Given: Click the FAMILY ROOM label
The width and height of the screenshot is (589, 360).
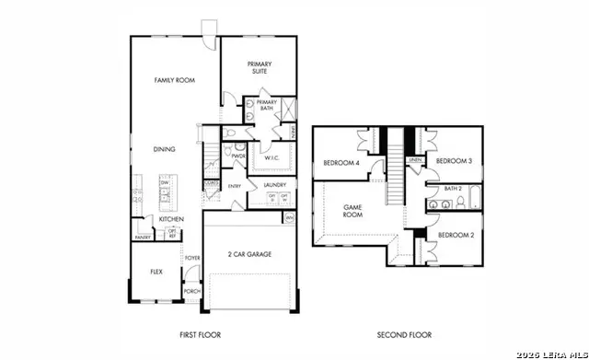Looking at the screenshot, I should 173,81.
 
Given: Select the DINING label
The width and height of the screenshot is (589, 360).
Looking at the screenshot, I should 165,148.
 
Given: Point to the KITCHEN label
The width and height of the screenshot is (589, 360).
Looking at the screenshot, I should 171,219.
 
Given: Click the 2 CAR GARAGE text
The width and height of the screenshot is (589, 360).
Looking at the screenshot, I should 250,254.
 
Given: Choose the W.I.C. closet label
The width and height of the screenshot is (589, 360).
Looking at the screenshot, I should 272,157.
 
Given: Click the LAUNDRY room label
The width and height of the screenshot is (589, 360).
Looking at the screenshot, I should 275,185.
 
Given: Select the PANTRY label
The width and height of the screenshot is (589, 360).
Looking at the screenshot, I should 143,237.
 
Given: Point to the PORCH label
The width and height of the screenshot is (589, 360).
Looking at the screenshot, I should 192,291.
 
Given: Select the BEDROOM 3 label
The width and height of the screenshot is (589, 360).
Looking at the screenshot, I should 454,161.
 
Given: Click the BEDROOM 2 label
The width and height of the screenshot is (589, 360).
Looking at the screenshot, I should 455,236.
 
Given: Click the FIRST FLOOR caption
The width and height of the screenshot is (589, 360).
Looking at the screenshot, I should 200,334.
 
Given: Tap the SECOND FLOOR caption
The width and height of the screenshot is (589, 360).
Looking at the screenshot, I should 404,334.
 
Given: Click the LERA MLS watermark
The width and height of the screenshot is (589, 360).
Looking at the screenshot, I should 549,352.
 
